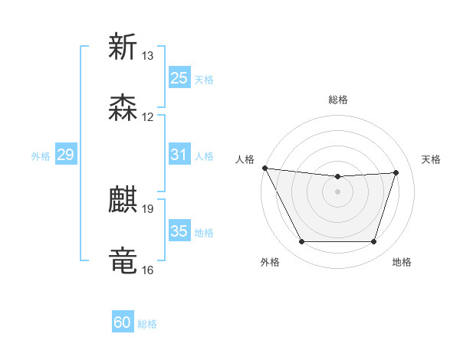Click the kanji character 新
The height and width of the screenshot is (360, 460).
pos(123,47)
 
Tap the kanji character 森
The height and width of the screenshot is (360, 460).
pos(123,108)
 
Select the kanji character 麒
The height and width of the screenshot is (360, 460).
pos(123,200)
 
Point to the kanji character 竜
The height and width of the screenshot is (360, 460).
pos(123,261)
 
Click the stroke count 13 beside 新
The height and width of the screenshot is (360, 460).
pos(148,56)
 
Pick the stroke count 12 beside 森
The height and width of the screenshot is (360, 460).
pos(148,117)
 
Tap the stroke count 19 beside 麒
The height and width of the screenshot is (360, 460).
pos(148,208)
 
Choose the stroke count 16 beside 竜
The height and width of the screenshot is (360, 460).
pos(148,270)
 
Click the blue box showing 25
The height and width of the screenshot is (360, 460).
pos(179,78)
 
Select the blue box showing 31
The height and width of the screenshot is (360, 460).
pos(179,155)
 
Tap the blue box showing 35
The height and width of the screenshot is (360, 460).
pos(179,231)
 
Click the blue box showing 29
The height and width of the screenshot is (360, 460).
pos(65,155)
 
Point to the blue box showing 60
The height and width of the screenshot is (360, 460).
pos(123,322)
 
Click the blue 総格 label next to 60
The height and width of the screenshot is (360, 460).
pos(147,324)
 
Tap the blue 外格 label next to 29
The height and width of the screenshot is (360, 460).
pos(41,156)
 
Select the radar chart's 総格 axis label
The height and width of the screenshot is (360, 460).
pos(338,100)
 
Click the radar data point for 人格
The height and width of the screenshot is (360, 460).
pos(264,168)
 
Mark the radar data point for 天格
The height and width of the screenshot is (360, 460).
pos(396,172)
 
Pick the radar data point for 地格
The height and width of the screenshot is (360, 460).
pos(373,242)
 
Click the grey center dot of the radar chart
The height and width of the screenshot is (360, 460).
pos(338,191)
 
